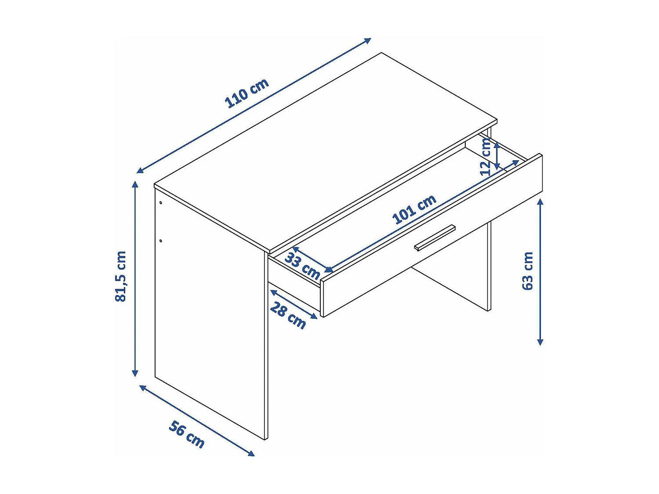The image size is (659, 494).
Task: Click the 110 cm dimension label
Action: (x=246, y=93)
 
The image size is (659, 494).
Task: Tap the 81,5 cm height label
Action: (x=121, y=276)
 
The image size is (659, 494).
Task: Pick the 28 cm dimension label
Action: (x=288, y=315)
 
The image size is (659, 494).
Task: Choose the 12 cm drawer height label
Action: (x=485, y=157)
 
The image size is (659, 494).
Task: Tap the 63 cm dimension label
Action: (x=528, y=270)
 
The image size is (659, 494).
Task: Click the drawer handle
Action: (x=435, y=238)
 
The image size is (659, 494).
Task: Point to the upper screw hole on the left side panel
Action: (x=161, y=203)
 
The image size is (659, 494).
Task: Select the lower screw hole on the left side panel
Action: (x=161, y=241)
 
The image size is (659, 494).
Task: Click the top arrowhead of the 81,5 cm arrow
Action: (x=135, y=184)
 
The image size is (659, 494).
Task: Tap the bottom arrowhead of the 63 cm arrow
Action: (x=540, y=342)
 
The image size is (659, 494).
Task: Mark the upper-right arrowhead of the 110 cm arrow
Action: (x=368, y=40)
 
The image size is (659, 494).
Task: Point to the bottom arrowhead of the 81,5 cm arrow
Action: (x=135, y=374)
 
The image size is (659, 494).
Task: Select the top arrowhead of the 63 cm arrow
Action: (x=540, y=202)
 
